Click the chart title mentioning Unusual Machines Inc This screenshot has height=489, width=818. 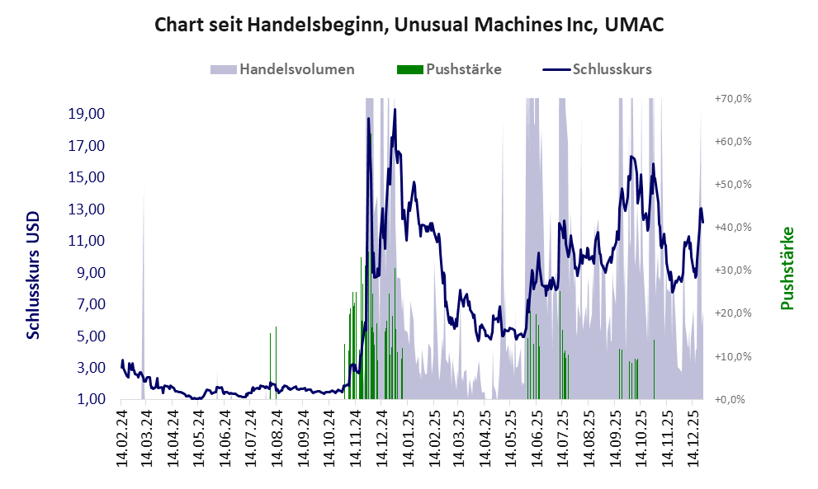(x=409, y=25)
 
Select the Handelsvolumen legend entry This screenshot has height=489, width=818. (x=296, y=69)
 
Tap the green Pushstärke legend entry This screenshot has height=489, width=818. (x=463, y=69)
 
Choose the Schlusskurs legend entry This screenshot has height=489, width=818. (x=612, y=69)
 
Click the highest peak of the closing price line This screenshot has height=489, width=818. (x=395, y=110)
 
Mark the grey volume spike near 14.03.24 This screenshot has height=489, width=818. (x=144, y=247)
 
